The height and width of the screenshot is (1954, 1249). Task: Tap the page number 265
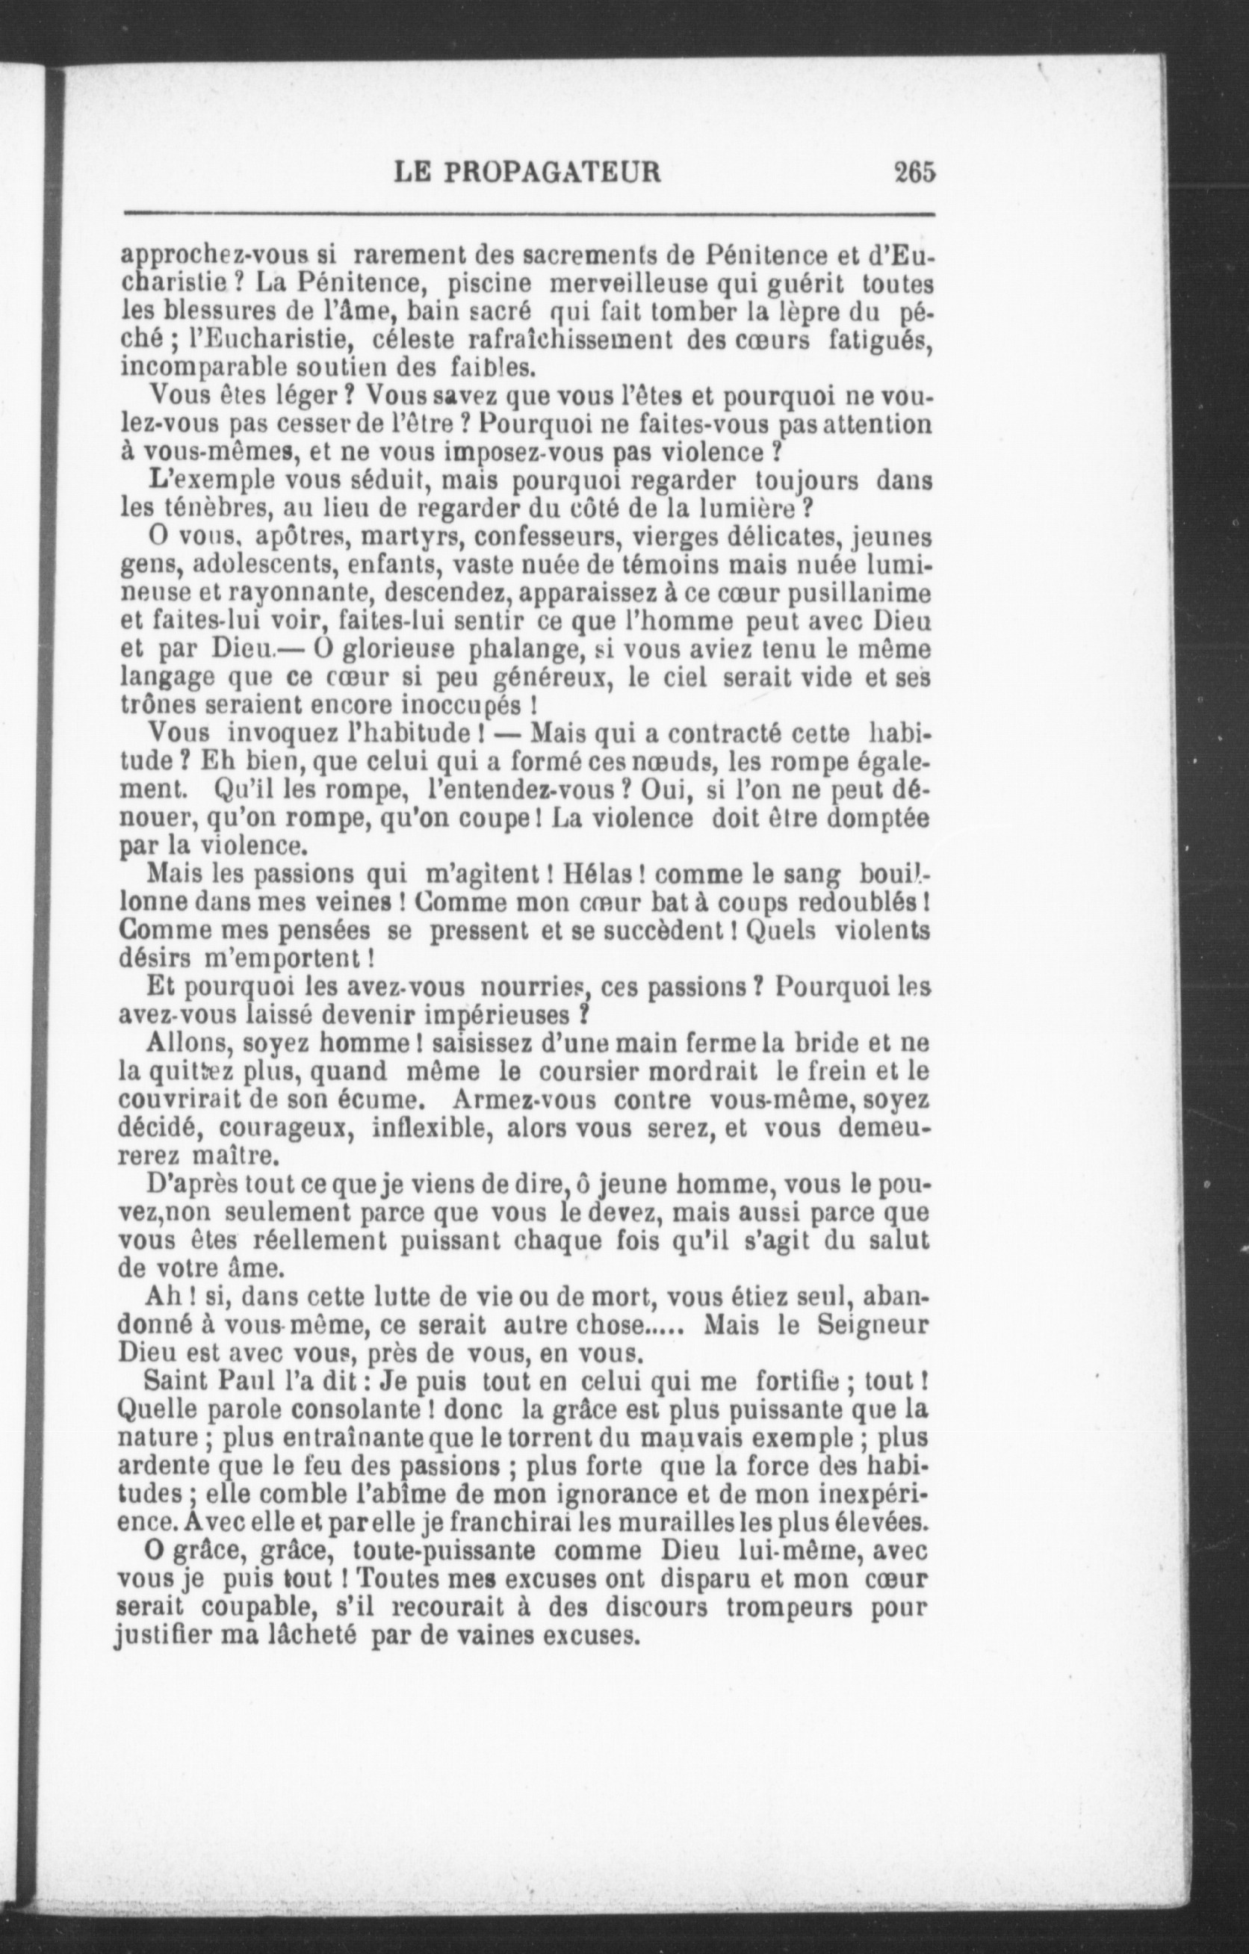(x=914, y=173)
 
